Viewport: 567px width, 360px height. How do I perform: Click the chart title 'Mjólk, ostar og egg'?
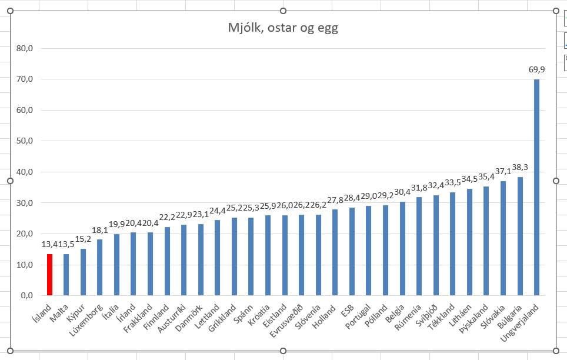point(283,28)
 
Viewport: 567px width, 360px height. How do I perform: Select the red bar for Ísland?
point(50,275)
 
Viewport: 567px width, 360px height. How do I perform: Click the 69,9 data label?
point(536,69)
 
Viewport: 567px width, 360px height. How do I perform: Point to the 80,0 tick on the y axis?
point(24,48)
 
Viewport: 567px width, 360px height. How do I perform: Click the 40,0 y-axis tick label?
point(24,172)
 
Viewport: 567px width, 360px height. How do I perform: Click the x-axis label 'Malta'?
point(59,312)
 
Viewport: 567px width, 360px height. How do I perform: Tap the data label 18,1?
point(100,231)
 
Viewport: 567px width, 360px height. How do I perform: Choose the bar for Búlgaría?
point(520,236)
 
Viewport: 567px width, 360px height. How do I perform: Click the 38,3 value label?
point(520,168)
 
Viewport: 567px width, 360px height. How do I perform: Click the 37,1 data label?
point(503,171)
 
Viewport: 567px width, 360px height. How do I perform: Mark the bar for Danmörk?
point(201,259)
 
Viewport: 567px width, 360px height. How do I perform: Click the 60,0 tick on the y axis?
point(24,110)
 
